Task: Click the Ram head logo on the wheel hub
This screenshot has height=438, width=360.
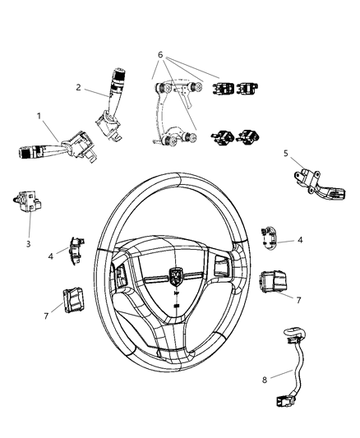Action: [178, 276]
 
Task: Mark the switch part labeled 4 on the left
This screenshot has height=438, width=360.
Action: [78, 247]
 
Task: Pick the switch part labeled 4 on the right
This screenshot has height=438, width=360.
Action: [267, 235]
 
